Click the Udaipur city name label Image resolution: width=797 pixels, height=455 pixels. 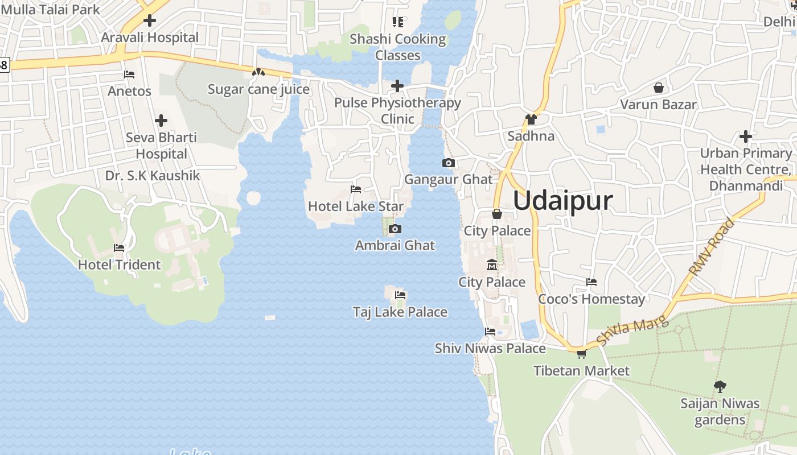(x=563, y=201)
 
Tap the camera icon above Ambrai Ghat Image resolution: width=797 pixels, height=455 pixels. (x=395, y=229)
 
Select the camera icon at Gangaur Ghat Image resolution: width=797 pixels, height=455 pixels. (x=448, y=163)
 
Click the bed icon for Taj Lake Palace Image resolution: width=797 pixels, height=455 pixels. (x=400, y=295)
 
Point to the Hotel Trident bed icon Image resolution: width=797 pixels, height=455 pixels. (x=119, y=248)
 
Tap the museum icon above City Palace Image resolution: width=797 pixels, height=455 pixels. (x=492, y=265)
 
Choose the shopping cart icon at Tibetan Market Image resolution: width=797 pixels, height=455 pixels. (x=581, y=354)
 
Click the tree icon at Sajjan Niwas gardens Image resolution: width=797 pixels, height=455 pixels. (x=720, y=387)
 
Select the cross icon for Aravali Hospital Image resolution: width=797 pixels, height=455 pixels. (x=150, y=21)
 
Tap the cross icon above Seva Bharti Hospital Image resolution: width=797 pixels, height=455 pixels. (x=161, y=121)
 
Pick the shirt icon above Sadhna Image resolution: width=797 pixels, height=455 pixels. (x=531, y=119)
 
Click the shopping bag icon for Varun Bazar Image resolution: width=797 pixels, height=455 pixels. (x=659, y=88)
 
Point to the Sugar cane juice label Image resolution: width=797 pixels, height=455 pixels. (x=258, y=89)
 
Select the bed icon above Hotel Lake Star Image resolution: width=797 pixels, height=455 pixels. (x=356, y=189)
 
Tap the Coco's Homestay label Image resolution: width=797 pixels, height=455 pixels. (x=591, y=299)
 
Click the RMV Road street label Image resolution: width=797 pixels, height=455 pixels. (x=711, y=248)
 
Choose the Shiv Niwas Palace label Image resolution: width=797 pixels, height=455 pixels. (x=490, y=348)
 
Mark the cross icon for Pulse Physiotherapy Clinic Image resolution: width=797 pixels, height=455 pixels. (x=397, y=86)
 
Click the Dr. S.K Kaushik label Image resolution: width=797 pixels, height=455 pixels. (x=153, y=175)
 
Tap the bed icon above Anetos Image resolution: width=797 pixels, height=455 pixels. (x=129, y=75)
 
